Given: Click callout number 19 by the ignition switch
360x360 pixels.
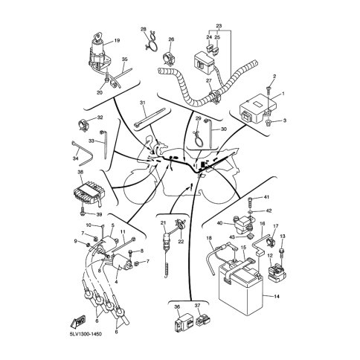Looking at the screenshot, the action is (117, 40).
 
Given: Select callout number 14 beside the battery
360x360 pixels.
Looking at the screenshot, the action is (277, 296).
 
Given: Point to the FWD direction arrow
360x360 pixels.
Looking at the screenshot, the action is (78, 322).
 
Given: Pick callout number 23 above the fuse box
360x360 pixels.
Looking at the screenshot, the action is (219, 26).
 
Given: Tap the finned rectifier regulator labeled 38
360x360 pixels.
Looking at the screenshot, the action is (89, 193).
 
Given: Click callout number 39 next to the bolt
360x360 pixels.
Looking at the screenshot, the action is (99, 214).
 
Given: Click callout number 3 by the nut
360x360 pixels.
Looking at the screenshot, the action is (285, 120).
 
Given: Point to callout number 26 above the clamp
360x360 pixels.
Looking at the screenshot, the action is (171, 39).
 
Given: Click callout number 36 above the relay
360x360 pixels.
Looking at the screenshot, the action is (177, 306).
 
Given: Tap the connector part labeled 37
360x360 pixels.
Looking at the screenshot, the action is (203, 321).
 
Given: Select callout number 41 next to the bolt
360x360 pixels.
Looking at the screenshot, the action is (266, 197).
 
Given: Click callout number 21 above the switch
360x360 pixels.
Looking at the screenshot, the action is (163, 223).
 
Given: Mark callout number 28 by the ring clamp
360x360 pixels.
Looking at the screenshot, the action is (144, 30).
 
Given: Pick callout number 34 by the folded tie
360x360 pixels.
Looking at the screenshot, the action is (75, 158).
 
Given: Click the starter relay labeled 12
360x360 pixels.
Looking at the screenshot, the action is (277, 272).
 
